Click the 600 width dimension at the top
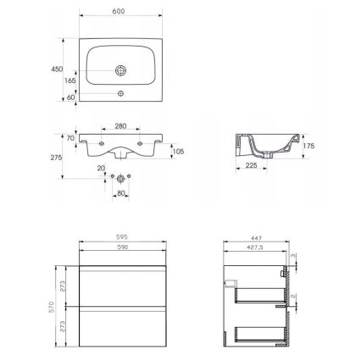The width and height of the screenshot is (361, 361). click(x=118, y=11)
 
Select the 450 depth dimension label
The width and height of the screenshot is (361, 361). click(x=57, y=69)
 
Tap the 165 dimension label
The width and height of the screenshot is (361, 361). click(x=69, y=81)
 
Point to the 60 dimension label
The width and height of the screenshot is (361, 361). click(x=70, y=97)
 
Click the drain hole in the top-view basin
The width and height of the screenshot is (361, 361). click(x=120, y=69)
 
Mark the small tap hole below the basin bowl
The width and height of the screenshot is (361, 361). click(x=120, y=92)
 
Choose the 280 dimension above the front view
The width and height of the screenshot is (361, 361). click(x=120, y=125)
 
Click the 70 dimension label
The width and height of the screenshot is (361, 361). click(x=70, y=136)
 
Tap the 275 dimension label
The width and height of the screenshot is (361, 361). click(x=56, y=157)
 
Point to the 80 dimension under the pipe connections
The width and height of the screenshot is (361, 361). click(x=121, y=193)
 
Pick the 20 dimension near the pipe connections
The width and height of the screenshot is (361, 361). click(x=102, y=168)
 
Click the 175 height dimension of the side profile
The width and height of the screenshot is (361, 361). click(x=309, y=146)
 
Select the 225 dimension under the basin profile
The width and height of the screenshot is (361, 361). click(x=251, y=166)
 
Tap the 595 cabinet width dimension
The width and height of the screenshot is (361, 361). click(x=122, y=238)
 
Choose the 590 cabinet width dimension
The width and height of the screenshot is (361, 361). click(x=122, y=247)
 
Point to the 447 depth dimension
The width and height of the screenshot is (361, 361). click(x=257, y=238)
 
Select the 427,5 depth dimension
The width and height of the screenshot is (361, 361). click(x=255, y=247)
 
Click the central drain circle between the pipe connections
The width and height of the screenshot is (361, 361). click(x=120, y=179)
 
